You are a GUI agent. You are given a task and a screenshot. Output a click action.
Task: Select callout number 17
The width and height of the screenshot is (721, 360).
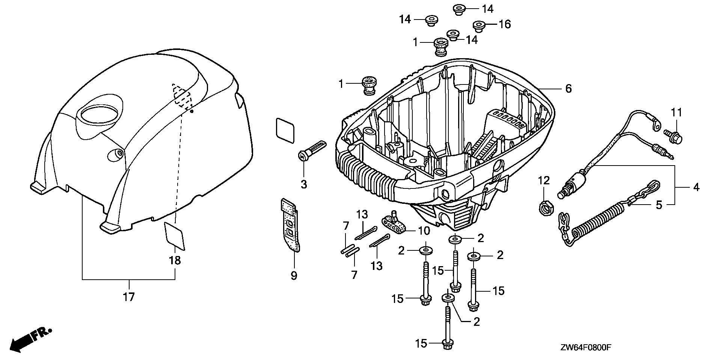click(128, 297)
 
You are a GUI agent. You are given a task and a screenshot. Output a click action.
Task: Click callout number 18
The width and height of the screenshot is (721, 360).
click(175, 260)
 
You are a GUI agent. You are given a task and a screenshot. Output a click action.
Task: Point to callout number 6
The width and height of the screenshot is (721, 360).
click(568, 89)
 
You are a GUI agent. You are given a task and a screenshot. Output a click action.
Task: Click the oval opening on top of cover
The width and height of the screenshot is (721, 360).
click(99, 113)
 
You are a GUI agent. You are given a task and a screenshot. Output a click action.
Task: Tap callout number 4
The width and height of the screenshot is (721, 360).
click(696, 187)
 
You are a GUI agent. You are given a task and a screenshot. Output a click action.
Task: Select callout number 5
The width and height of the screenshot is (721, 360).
click(659, 205)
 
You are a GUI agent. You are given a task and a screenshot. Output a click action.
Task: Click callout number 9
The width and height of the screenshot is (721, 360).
click(294, 276)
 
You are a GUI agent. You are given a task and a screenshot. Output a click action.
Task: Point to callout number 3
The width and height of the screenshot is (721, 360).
click(303, 184)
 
